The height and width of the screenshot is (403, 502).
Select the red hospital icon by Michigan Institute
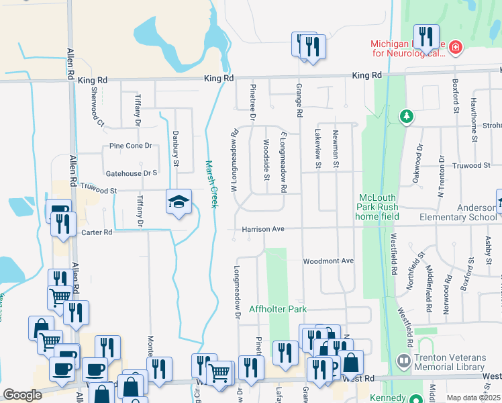[456, 47]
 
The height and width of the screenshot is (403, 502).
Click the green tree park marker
[406, 116]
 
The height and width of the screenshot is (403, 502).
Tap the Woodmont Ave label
[328, 261]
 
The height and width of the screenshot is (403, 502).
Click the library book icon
[403, 361]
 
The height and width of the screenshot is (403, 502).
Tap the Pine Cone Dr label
[131, 146]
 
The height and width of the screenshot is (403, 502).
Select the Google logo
[22, 395]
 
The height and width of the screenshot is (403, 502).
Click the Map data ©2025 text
[472, 398]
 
